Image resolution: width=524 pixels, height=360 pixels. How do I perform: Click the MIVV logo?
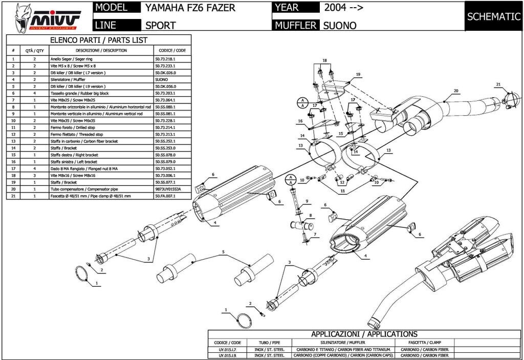click(46, 17)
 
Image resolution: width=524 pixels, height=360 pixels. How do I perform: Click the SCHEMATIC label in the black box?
click(493, 16)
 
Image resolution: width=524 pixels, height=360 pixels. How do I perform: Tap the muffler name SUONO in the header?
click(340, 25)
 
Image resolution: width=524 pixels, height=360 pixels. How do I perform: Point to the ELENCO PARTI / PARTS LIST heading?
click(98, 40)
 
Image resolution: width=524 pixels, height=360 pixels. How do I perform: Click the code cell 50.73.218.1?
click(165, 59)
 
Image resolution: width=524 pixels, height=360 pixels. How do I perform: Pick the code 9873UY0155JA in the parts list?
click(168, 189)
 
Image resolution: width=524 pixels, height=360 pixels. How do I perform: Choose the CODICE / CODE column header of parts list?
click(172, 51)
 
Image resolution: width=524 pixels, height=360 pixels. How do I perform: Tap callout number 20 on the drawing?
click(455, 91)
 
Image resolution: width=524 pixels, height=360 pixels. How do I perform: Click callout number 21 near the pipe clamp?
click(497, 84)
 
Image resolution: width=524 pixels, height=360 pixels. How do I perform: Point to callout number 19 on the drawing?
click(358, 75)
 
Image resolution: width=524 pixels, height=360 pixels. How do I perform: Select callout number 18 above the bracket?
click(323, 61)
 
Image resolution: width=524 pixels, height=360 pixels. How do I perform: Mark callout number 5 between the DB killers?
click(223, 251)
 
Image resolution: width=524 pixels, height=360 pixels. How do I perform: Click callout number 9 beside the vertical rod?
click(307, 201)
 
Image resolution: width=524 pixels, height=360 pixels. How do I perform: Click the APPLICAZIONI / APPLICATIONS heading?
click(364, 334)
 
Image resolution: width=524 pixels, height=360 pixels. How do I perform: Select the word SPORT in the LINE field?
click(161, 25)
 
